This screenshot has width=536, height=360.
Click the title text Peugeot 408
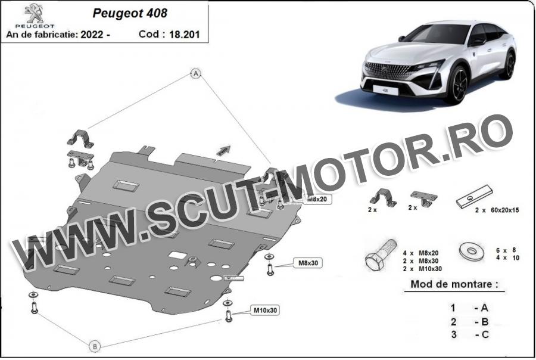pos(130,13)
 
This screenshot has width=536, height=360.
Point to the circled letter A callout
pos(194,73)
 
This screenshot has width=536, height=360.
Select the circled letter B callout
pos(94,346)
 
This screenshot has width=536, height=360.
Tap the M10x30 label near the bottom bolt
pos(266,310)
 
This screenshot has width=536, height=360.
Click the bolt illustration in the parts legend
pos(379,256)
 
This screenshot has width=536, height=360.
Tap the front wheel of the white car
pos(457,85)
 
